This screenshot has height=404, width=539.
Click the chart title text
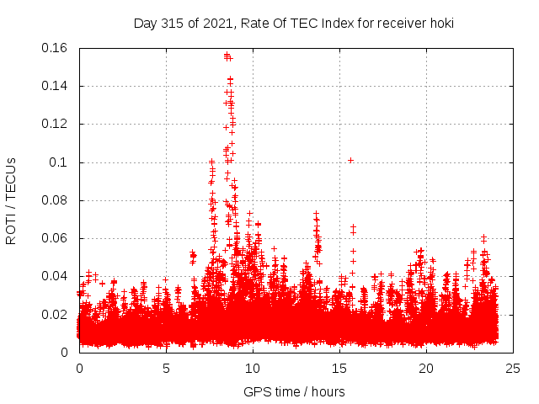(293, 23)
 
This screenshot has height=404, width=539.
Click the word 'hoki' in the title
(440, 23)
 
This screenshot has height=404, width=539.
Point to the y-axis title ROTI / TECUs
(11, 200)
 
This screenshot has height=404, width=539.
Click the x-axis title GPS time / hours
(293, 391)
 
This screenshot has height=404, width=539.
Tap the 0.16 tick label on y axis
(56, 48)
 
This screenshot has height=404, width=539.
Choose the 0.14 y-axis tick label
(56, 86)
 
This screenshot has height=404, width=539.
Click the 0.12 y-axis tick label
(56, 124)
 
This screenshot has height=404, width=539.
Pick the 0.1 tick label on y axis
(61, 162)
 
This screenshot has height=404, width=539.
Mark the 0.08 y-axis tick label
(56, 200)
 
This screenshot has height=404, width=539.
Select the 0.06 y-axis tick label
(56, 238)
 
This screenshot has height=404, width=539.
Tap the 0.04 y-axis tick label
(56, 276)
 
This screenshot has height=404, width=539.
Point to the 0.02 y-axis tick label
(56, 315)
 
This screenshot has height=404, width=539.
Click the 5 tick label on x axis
(166, 368)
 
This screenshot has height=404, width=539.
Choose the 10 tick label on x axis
(253, 368)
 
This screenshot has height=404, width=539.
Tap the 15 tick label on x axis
(339, 368)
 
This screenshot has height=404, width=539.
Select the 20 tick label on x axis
(426, 368)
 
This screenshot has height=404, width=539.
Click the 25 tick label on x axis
(513, 368)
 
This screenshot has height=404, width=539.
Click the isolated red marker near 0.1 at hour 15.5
(350, 160)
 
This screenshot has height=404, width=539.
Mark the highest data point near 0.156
(227, 56)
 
